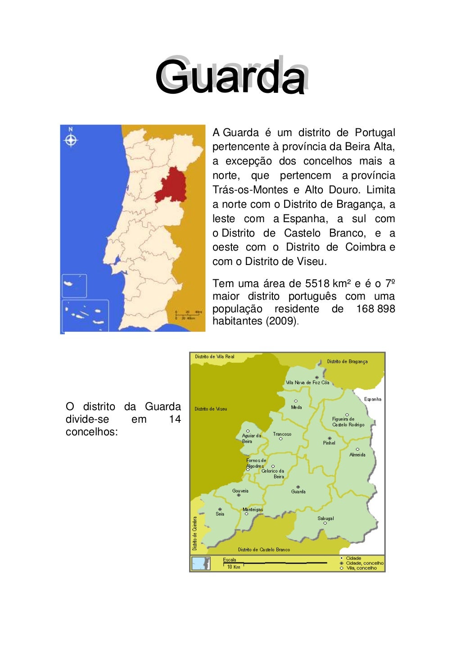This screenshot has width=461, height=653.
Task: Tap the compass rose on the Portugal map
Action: [x=71, y=140]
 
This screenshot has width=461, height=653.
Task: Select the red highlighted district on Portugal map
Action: [x=172, y=186]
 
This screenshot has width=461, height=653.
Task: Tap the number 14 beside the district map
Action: [x=175, y=419]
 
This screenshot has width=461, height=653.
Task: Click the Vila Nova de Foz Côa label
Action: [x=307, y=383]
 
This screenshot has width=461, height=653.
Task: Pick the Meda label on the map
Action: [x=296, y=407]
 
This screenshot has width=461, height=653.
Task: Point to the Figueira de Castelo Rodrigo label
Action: [x=348, y=422]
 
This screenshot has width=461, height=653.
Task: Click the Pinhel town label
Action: [x=329, y=443]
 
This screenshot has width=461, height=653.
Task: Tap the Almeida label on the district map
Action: [x=357, y=455]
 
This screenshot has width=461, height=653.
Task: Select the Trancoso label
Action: [x=282, y=434]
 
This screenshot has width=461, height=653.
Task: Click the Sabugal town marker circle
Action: [x=325, y=523]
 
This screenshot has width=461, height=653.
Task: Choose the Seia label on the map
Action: [x=220, y=514]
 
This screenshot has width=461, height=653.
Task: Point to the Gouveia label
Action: [x=240, y=491]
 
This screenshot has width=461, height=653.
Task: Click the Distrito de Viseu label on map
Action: [x=211, y=409]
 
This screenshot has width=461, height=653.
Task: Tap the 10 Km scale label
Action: [x=234, y=567]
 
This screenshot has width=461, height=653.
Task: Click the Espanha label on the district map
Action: [x=372, y=399]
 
